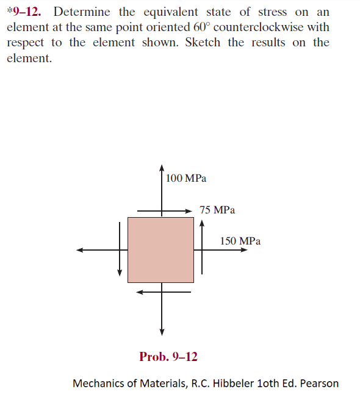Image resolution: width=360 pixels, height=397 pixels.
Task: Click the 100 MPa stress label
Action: (186, 178)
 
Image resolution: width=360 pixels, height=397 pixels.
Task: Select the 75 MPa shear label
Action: (217, 210)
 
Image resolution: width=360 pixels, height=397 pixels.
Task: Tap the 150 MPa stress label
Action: (240, 241)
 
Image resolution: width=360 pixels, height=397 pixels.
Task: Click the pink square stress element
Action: (160, 250)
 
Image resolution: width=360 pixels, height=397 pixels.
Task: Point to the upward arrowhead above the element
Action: (162, 168)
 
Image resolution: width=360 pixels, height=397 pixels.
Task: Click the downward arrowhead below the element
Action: (162, 332)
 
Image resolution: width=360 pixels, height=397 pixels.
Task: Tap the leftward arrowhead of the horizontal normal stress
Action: (80, 250)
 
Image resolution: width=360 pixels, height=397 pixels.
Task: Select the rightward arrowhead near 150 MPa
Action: (244, 250)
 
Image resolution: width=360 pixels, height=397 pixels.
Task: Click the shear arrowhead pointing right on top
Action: (188, 211)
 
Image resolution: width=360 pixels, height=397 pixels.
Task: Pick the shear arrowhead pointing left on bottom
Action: (140, 292)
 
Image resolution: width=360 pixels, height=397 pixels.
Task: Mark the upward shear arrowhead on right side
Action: (201, 223)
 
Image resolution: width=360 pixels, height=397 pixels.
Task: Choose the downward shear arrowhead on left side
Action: (120, 273)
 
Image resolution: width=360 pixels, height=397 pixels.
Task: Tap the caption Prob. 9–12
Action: (168, 357)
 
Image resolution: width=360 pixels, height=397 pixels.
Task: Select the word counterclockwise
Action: (258, 27)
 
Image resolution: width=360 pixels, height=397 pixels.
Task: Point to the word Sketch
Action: (203, 42)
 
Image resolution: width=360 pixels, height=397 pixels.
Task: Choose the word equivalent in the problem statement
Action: (171, 12)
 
